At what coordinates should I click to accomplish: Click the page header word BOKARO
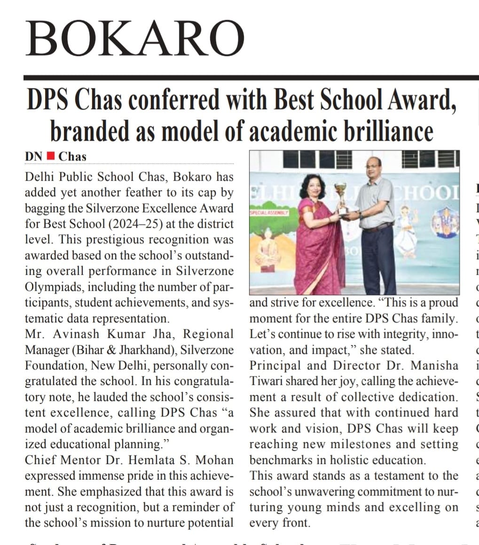pos(135,39)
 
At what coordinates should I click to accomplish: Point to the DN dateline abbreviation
pos(34,156)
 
